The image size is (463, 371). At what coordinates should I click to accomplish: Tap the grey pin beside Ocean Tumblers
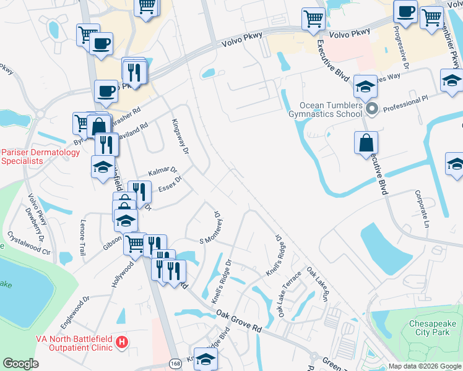372,110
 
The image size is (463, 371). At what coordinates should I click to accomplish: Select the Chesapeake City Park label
433,328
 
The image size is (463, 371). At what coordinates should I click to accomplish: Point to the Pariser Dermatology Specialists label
40,156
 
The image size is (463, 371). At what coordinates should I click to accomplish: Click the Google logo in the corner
20,364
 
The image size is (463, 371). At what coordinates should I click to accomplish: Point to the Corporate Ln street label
423,209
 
